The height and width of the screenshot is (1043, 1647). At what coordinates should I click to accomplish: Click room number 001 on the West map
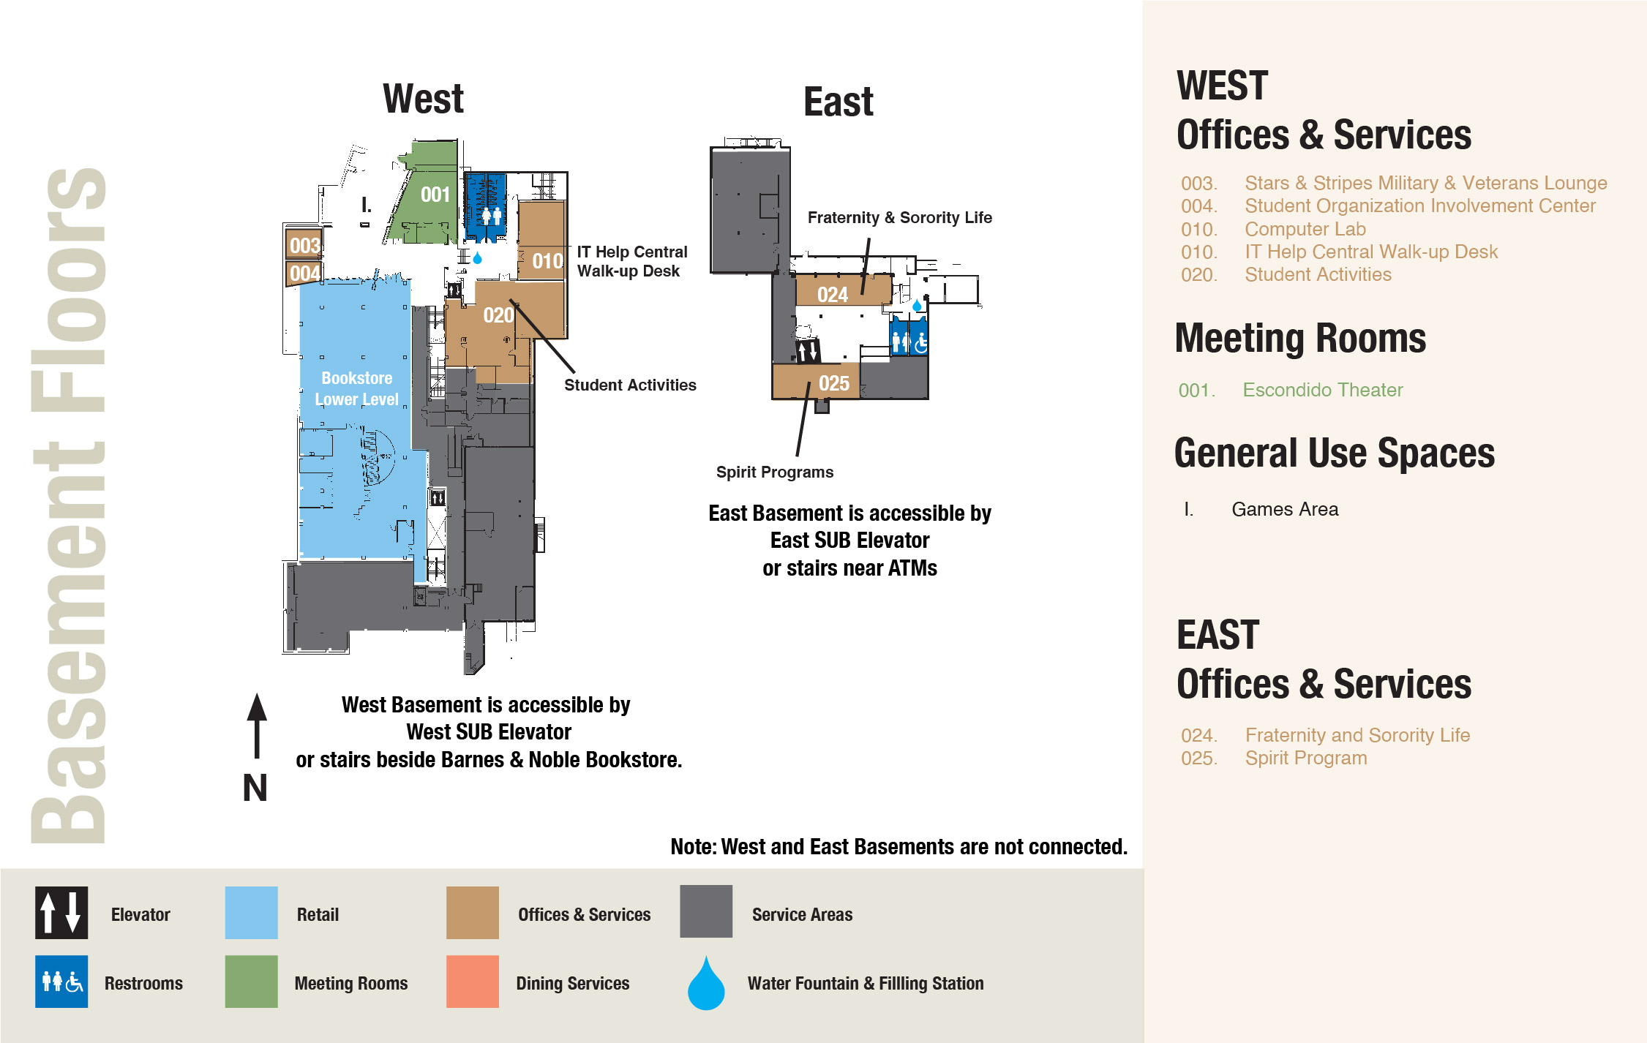click(x=435, y=195)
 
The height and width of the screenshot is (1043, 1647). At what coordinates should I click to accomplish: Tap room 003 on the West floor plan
click(x=304, y=245)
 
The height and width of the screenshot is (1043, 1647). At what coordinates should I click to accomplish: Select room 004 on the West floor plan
click(x=304, y=274)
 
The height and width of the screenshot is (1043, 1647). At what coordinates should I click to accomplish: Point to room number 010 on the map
click(x=547, y=261)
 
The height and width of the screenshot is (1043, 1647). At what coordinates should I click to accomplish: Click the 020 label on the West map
click(x=498, y=315)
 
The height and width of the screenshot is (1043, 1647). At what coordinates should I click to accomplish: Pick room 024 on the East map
click(x=833, y=295)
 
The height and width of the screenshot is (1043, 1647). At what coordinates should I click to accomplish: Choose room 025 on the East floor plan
click(x=834, y=383)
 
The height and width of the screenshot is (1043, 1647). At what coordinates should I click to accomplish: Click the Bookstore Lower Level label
click(x=356, y=388)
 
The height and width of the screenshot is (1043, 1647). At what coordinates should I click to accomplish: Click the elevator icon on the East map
click(x=808, y=352)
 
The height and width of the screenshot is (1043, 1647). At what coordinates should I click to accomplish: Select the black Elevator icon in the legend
click(x=61, y=913)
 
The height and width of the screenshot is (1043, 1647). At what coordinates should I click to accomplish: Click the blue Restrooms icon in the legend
click(x=61, y=982)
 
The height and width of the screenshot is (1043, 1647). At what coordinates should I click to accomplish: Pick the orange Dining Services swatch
click(x=473, y=982)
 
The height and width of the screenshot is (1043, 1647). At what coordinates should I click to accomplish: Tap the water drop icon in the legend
click(x=706, y=984)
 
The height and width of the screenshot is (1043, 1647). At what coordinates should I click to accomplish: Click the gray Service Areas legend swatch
click(x=706, y=911)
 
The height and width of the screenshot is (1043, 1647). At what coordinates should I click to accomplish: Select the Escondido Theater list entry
click(x=1322, y=390)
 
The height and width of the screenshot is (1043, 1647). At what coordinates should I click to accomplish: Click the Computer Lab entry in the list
click(x=1305, y=229)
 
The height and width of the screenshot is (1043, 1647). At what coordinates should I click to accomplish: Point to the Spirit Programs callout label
click(x=774, y=472)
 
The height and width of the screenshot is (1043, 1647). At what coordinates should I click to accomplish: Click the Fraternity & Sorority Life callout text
click(x=899, y=217)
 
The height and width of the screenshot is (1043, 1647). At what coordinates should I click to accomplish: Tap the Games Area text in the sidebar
click(x=1285, y=509)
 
